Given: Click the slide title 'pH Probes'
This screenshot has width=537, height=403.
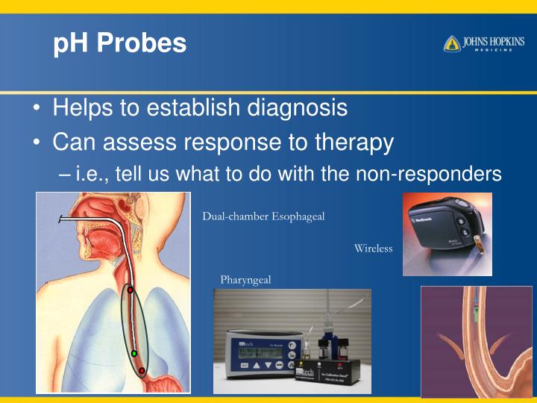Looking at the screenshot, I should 119,43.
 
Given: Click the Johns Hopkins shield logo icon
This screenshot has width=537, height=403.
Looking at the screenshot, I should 452,43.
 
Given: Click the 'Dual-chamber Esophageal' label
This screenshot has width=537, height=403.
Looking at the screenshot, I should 263,216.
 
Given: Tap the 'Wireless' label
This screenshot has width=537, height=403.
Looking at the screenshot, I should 373,249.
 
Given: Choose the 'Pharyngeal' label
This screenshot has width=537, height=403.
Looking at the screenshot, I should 245,280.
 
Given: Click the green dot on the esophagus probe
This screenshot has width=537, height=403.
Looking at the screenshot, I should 134,353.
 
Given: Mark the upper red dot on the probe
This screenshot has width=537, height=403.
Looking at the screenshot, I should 130,290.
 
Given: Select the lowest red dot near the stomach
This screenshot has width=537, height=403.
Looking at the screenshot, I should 142,370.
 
